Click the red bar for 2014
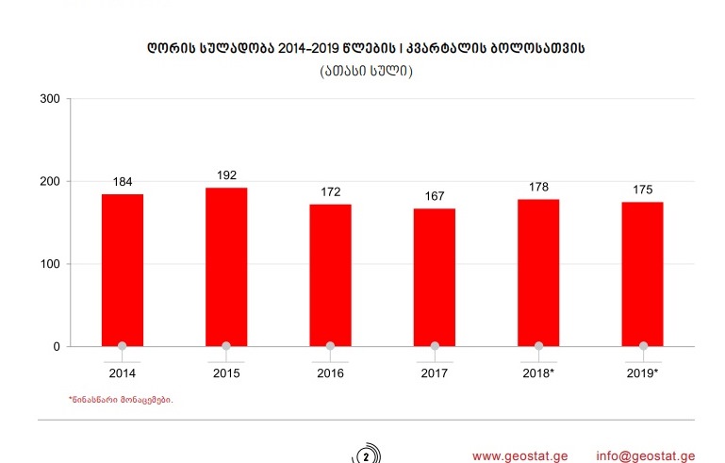point(122,270)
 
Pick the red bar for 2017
point(434,277)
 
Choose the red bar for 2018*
point(538,273)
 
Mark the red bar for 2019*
point(643,273)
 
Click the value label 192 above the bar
point(226,174)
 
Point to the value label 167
point(434,196)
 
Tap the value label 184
point(122,181)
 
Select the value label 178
point(538,187)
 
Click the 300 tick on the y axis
point(51,99)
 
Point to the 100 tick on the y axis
point(51,264)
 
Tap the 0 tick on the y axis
point(57,346)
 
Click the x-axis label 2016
point(330,373)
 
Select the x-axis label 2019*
point(643,373)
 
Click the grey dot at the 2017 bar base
point(434,346)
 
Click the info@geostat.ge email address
point(646,455)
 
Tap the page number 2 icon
point(367,456)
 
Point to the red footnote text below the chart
point(121,400)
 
